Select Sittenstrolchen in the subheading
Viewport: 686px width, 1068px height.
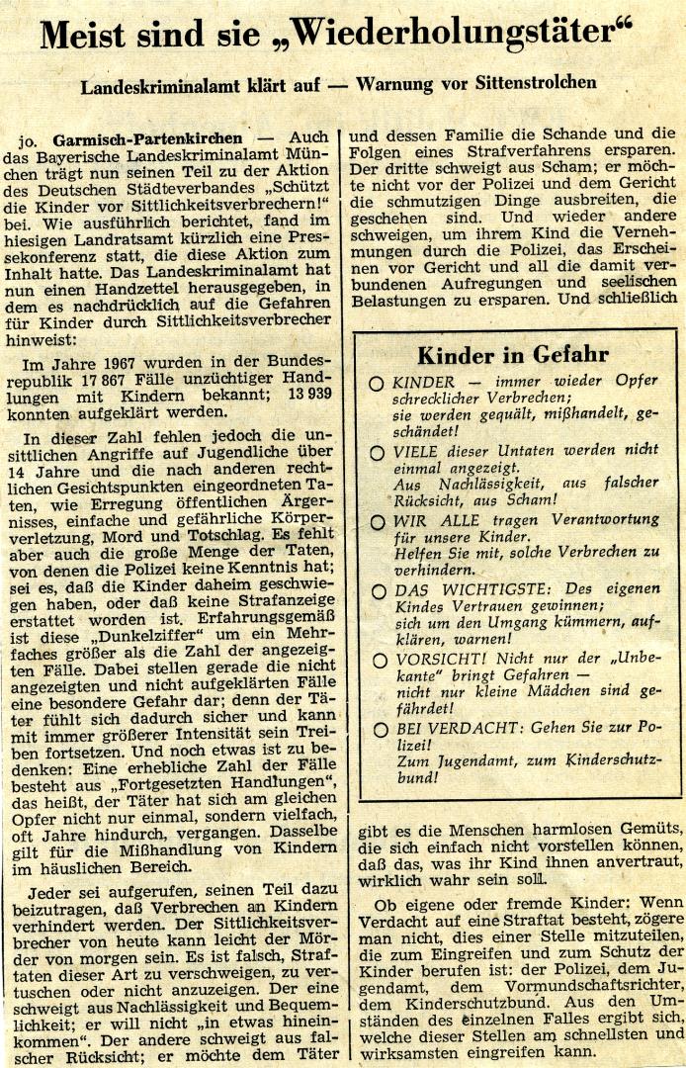(534, 83)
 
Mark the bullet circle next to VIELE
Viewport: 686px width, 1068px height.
(377, 452)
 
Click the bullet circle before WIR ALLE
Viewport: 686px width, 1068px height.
(377, 520)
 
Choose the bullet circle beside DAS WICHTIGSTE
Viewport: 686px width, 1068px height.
(377, 590)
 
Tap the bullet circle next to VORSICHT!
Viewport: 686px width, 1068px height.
(377, 660)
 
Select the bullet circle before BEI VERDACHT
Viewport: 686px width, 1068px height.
(377, 729)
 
